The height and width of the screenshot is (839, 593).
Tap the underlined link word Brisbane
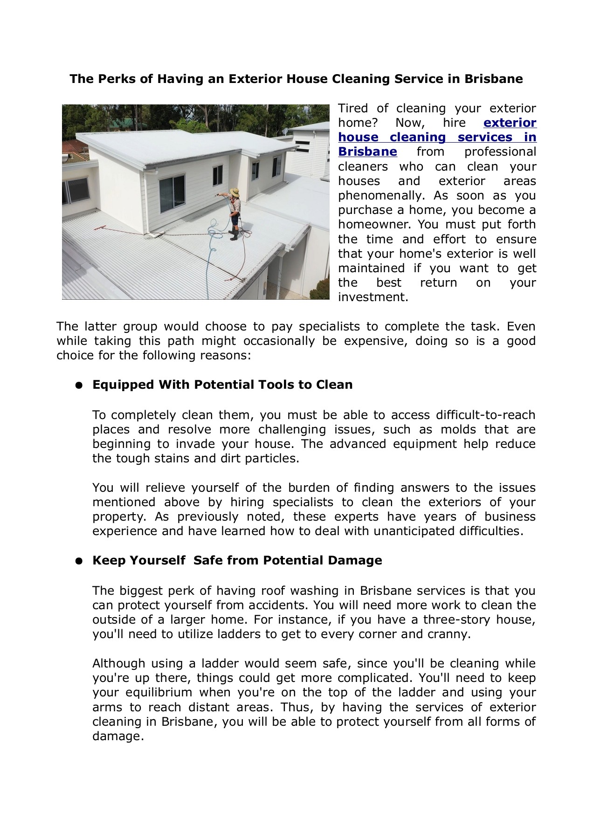pos(367,152)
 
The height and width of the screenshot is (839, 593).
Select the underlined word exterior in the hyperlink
pos(510,123)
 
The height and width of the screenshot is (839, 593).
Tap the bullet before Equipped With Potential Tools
pos(79,385)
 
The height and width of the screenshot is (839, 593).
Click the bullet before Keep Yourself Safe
pos(79,561)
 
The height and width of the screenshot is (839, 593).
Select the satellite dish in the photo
pos(285,131)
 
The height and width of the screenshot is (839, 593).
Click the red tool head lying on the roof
pos(100,228)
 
